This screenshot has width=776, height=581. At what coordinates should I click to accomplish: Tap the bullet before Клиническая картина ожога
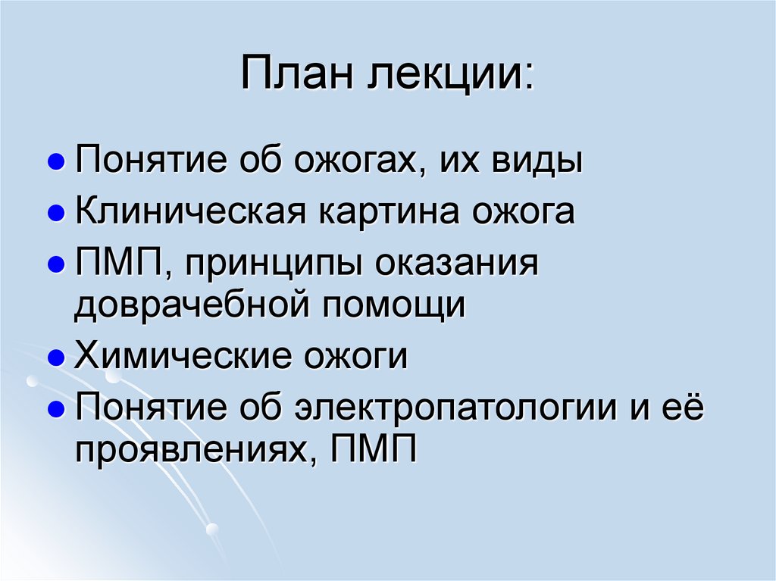tap(55, 214)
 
